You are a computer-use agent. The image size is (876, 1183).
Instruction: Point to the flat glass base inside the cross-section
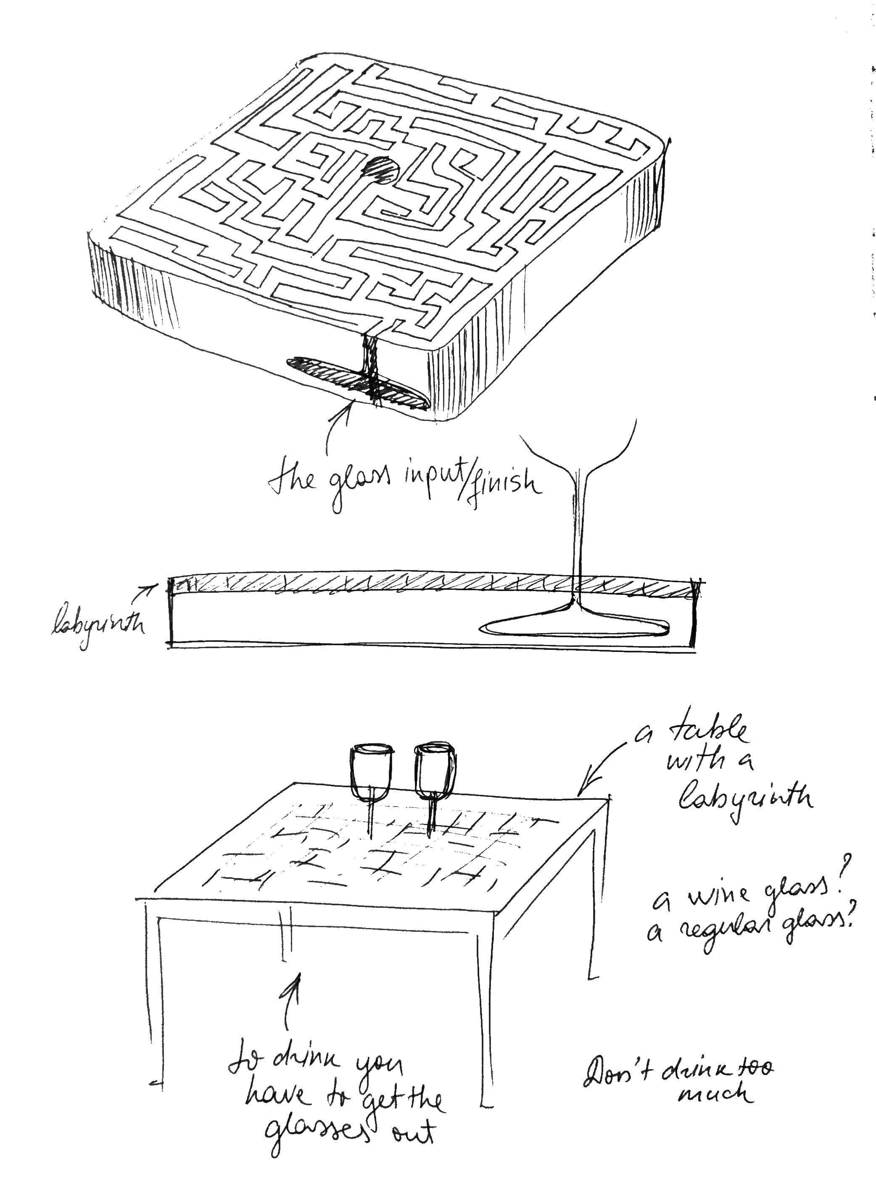click(x=575, y=626)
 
